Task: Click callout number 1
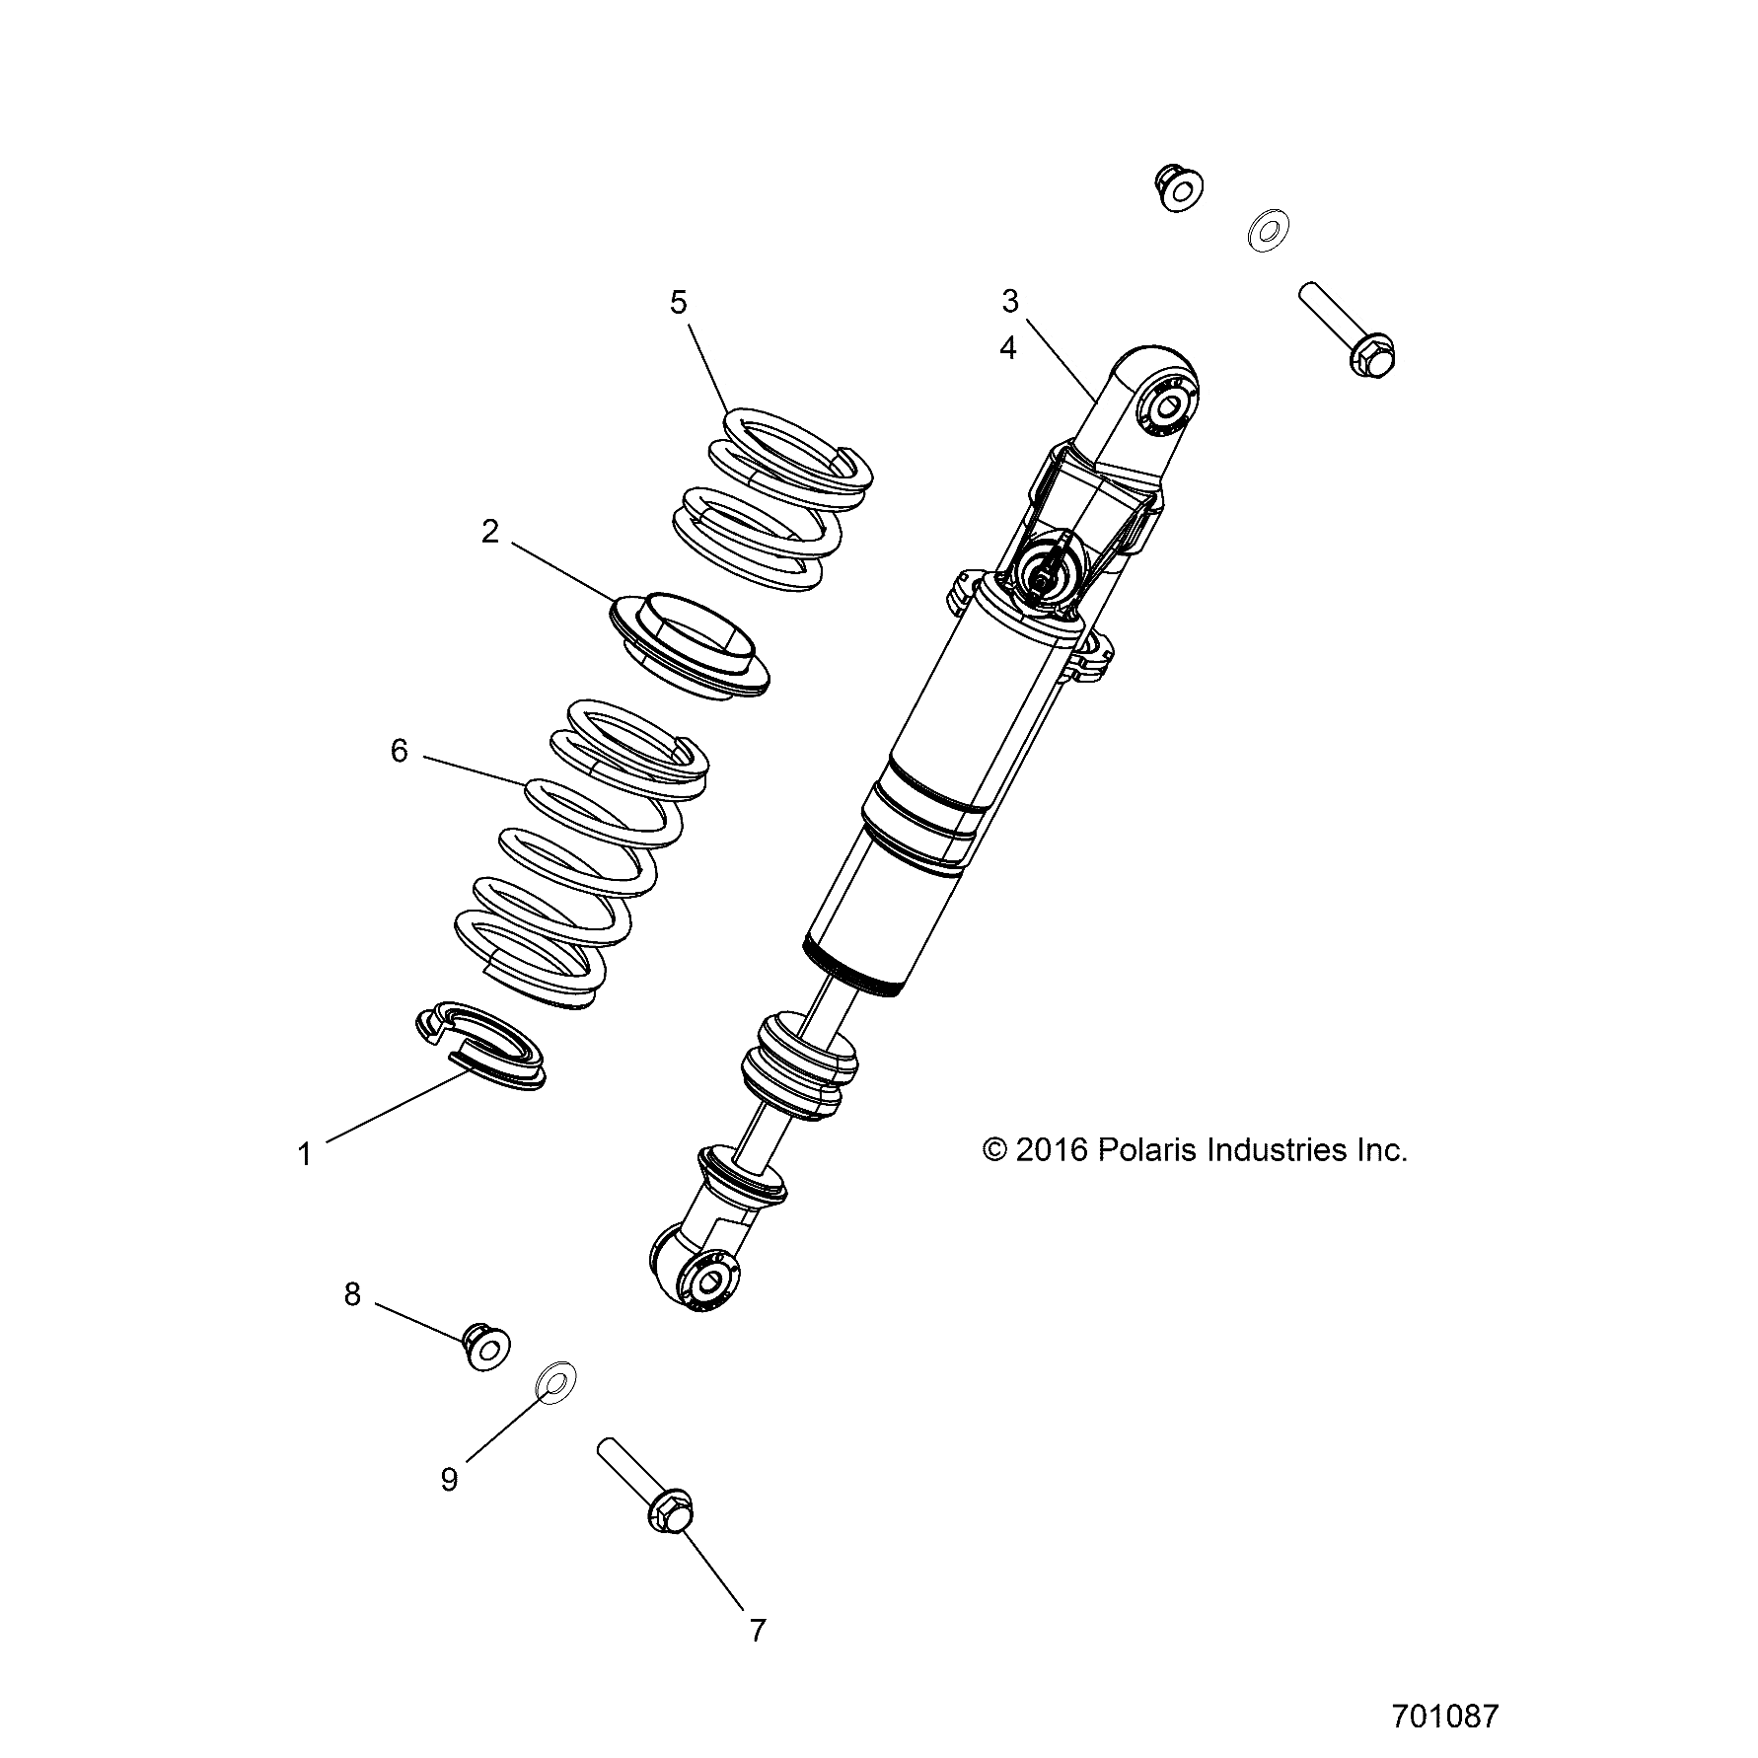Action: pos(305,1153)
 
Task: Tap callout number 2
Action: pos(490,532)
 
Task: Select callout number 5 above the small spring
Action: pos(679,302)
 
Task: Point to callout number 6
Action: pos(399,752)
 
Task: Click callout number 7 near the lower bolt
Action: pos(757,1631)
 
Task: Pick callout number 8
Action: pos(352,1293)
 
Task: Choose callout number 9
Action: pos(449,1479)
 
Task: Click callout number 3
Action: pos(1009,301)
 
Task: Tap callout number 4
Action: pos(1007,347)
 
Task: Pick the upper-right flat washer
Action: pos(1268,231)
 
